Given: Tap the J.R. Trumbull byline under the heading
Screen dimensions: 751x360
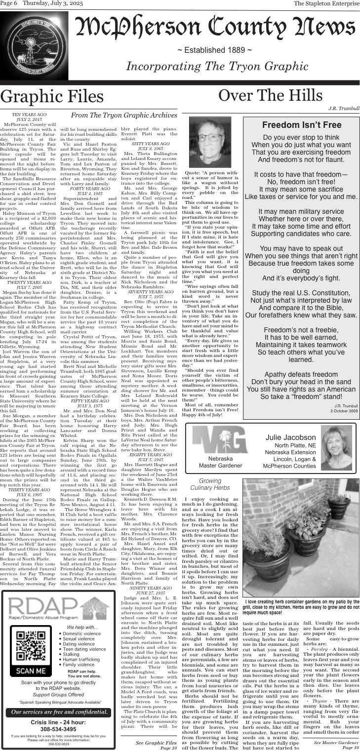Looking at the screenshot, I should (x=344, y=108).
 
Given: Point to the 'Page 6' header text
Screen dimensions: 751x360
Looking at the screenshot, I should (x=9, y=3).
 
